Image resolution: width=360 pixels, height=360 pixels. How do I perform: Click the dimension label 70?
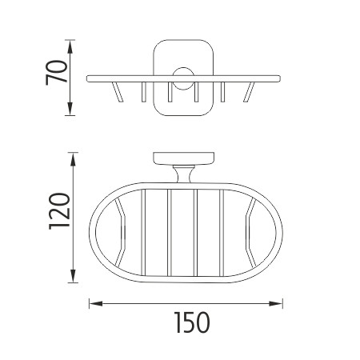(57, 73)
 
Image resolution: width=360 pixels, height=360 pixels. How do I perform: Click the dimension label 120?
(59, 211)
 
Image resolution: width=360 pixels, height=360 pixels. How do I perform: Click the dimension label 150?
(192, 322)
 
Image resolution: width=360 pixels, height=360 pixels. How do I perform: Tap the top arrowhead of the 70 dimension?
(70, 47)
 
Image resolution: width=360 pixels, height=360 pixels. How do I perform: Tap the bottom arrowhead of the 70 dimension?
(70, 109)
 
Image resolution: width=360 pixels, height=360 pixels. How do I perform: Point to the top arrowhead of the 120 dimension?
(73, 159)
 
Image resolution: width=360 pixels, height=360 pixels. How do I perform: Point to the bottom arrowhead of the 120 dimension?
(73, 276)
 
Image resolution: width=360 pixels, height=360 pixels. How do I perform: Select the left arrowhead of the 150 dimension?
(96, 303)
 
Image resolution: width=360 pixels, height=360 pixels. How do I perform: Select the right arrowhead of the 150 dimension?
(276, 303)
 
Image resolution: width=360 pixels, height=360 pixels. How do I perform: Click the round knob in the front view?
(183, 78)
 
